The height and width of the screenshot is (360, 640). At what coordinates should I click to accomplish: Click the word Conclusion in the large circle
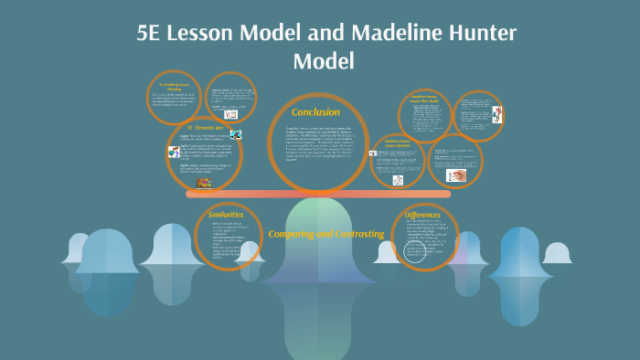click(x=315, y=111)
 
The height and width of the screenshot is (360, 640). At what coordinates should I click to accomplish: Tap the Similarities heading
click(x=226, y=213)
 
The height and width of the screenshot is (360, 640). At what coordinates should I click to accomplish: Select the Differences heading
click(x=422, y=215)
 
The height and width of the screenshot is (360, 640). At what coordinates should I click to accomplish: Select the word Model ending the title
click(x=323, y=61)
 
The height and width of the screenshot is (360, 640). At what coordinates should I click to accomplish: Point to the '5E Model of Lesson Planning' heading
click(x=173, y=86)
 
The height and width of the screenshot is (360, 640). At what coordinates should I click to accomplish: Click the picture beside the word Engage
click(x=237, y=133)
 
